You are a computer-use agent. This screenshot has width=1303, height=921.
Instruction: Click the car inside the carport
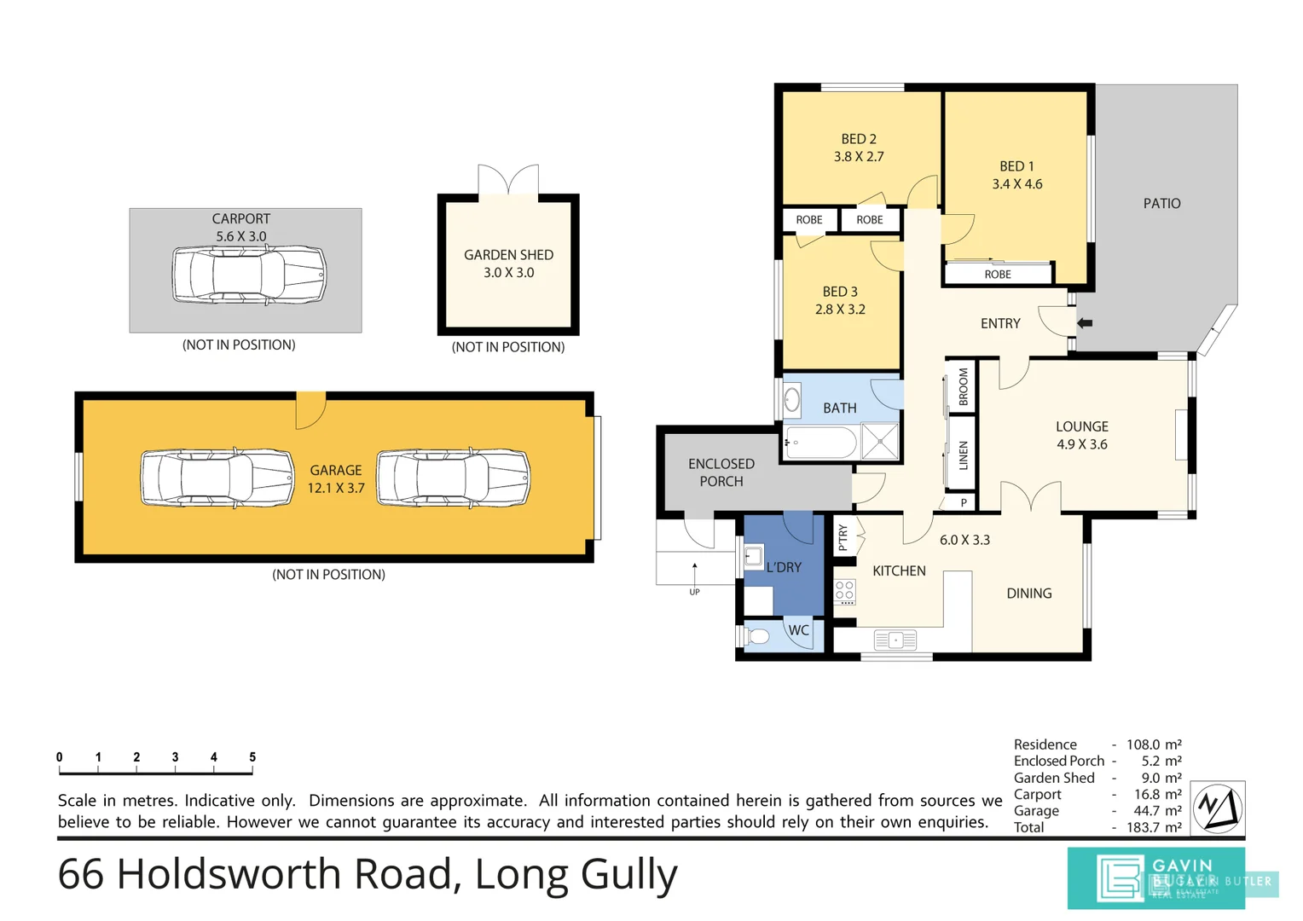[249, 275]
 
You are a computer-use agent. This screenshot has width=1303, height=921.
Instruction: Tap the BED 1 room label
[1016, 166]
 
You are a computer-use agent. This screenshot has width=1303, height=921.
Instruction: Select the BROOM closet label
[963, 386]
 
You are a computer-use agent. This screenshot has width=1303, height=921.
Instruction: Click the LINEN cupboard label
[963, 455]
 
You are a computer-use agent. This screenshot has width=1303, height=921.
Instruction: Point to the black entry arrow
[1085, 323]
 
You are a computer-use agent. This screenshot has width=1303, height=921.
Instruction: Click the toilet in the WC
[756, 636]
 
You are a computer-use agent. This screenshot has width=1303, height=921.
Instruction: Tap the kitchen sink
[895, 640]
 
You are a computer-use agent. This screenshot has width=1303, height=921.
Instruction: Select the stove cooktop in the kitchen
[845, 591]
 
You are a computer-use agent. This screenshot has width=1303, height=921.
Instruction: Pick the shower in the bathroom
[880, 442]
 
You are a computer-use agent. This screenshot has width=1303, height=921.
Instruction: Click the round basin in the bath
[792, 400]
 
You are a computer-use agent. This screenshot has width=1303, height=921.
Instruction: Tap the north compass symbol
[1217, 807]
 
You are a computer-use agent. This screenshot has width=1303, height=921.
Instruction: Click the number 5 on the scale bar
[252, 757]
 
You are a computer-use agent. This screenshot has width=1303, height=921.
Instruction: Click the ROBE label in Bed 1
[997, 275]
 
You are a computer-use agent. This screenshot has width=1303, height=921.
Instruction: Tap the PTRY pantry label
[843, 537]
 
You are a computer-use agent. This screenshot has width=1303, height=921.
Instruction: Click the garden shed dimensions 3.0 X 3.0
[508, 273]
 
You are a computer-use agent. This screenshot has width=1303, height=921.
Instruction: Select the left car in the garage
[217, 478]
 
